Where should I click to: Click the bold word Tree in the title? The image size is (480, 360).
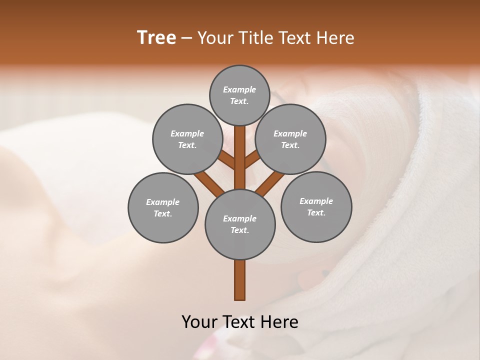point(156,37)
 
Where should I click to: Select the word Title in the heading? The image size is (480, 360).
point(255,37)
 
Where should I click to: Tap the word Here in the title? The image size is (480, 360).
point(336,37)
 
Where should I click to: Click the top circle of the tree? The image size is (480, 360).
point(239,95)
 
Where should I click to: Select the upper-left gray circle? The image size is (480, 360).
point(187,139)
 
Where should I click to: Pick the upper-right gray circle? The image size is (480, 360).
point(290,139)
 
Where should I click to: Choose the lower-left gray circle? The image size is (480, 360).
point(163,207)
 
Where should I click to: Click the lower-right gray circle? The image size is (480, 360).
point(316,206)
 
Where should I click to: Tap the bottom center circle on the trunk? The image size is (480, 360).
point(240,224)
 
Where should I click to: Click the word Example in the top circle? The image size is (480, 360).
point(239,89)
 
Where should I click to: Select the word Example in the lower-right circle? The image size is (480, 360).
point(316,201)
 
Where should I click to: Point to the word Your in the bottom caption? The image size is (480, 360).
point(200,322)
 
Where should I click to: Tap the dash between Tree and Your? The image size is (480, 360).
point(186,38)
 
